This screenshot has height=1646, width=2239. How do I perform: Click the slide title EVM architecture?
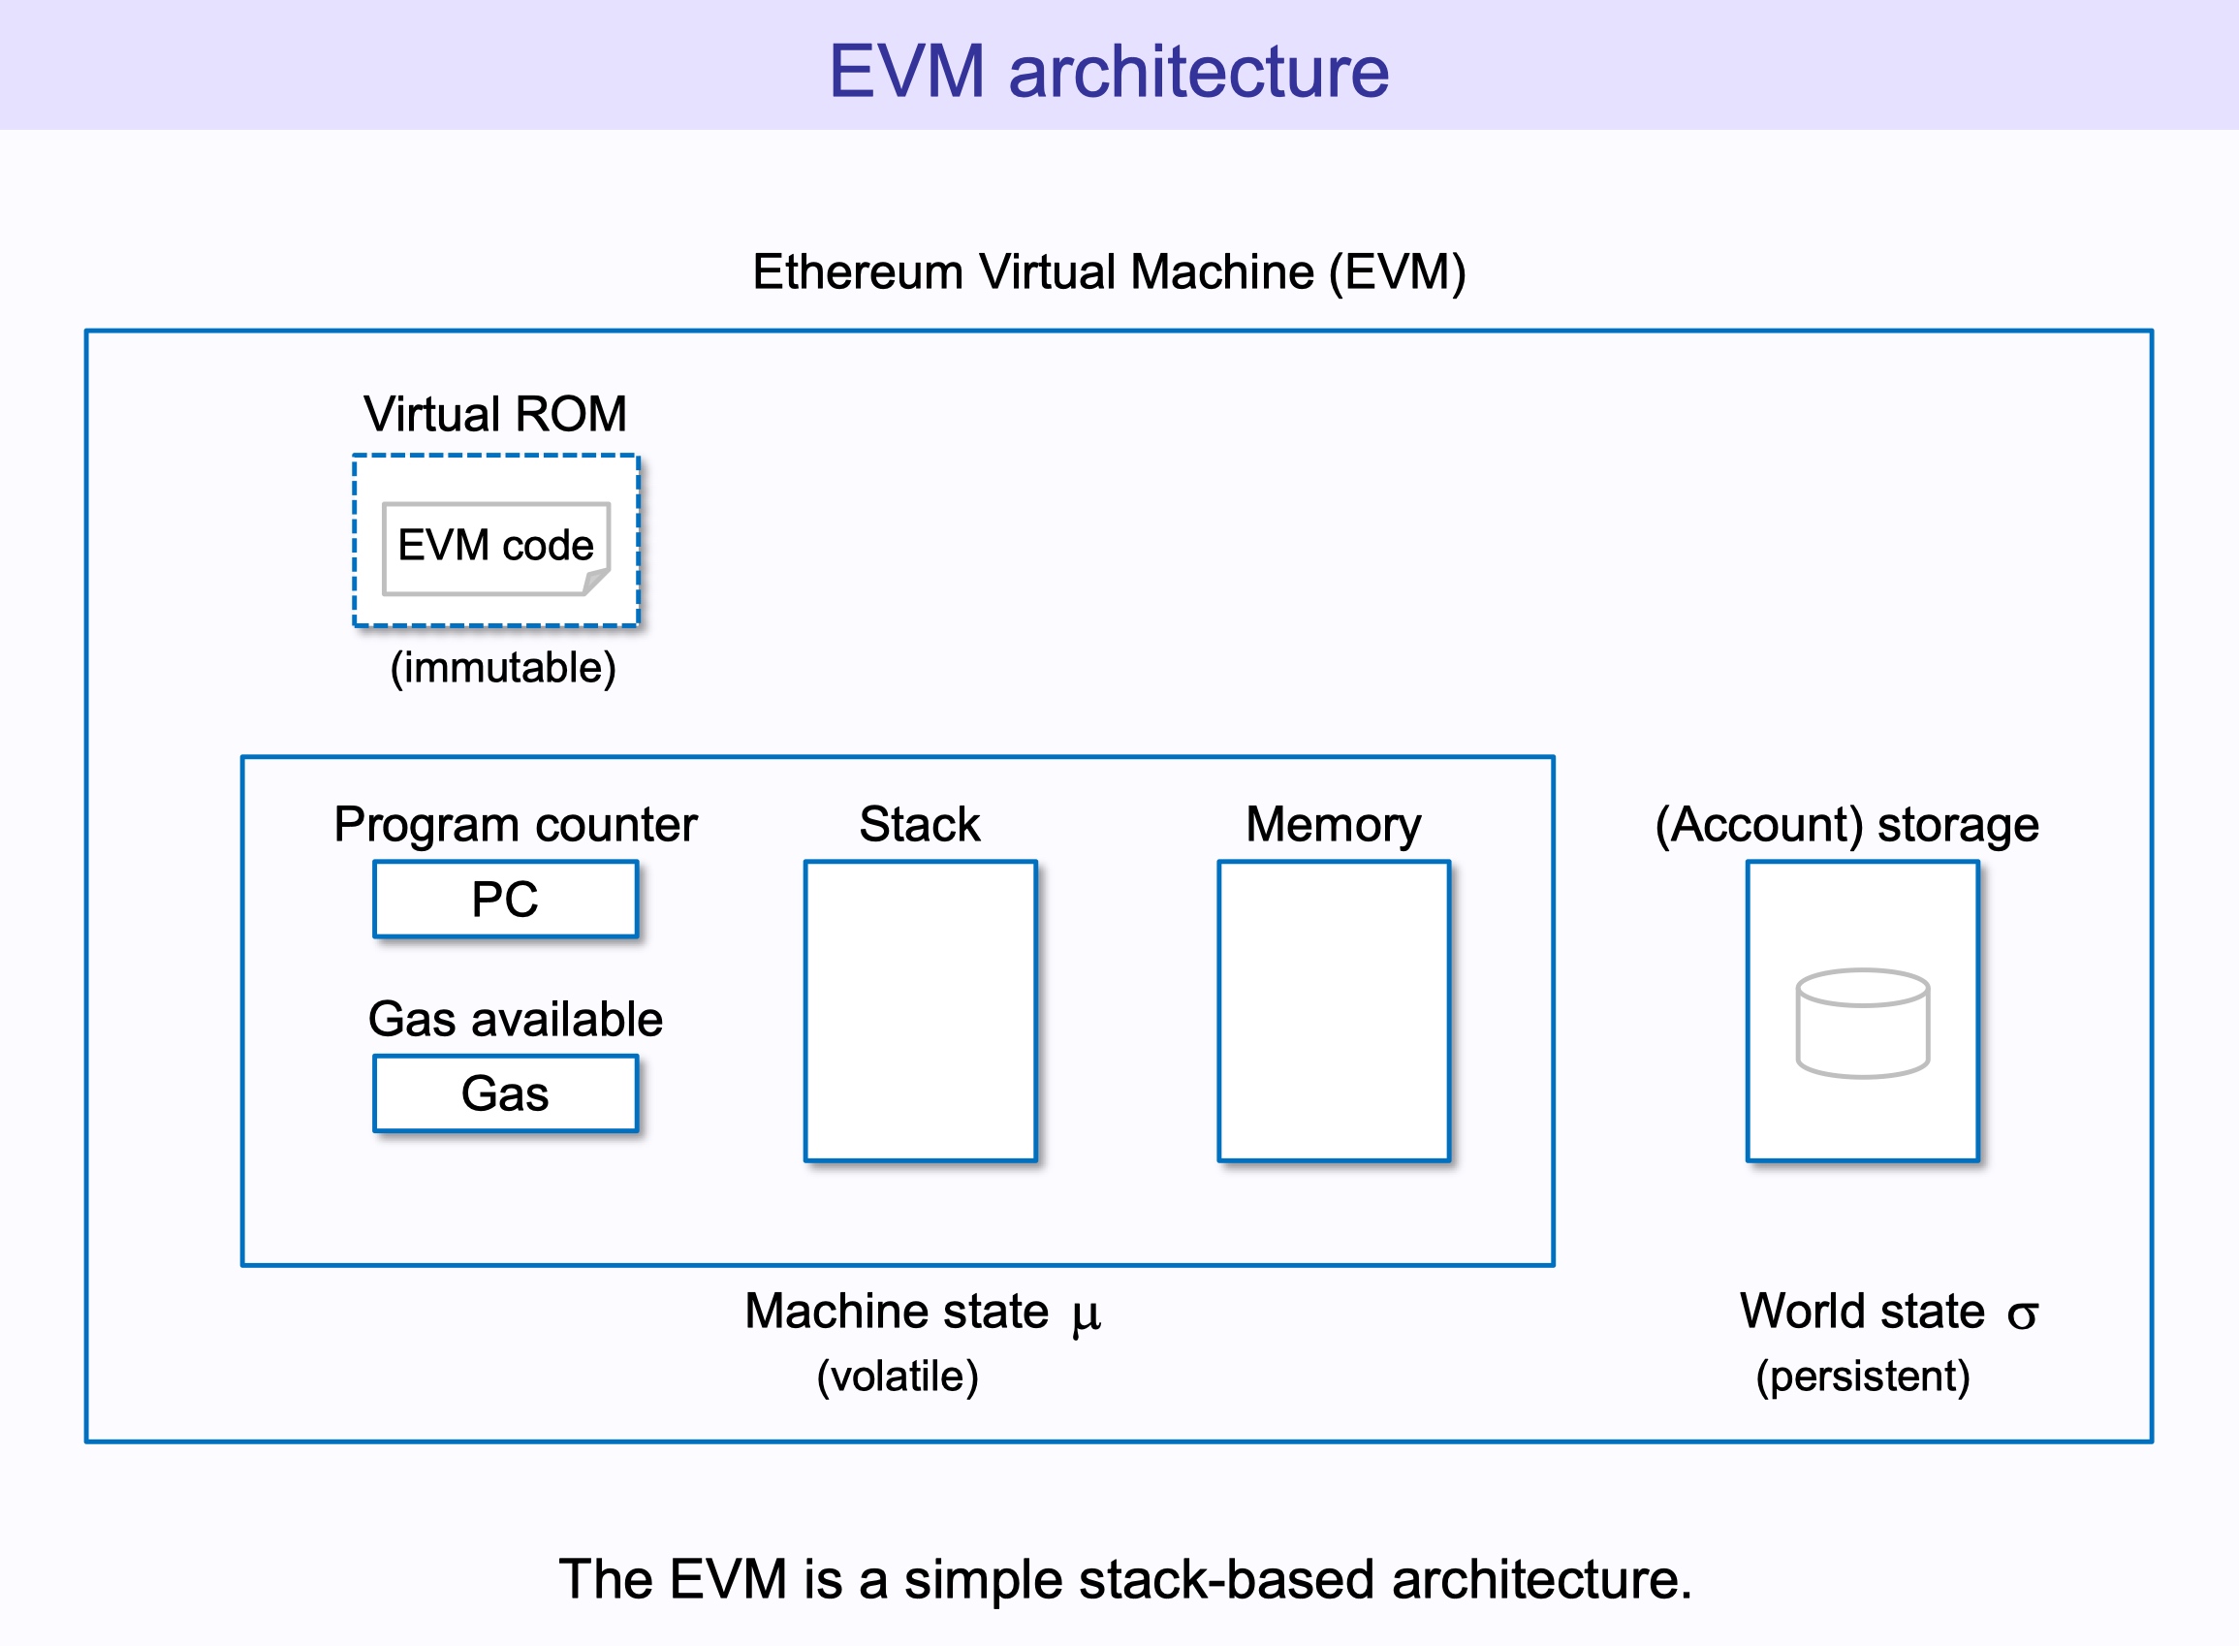1109,71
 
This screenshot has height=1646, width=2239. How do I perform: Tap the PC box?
505,899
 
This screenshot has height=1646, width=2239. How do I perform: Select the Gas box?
505,1093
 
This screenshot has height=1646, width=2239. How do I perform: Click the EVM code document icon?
496,548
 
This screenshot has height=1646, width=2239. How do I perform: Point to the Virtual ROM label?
495,414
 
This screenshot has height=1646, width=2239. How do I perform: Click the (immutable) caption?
503,668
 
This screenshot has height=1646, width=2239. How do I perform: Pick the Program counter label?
515,824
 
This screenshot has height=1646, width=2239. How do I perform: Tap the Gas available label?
515,1018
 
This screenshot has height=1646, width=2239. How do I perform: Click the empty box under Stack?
920,1010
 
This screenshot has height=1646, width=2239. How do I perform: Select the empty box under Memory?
1334,1010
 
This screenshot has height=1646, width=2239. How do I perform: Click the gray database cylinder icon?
1863,1024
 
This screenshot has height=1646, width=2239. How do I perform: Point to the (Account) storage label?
1846,824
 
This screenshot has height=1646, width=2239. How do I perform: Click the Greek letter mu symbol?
1086,1315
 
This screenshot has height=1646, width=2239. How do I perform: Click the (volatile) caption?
898,1376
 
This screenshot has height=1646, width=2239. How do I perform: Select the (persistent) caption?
1863,1376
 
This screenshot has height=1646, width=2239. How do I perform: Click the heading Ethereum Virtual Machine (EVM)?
1109,272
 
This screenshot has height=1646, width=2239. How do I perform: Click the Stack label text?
919,824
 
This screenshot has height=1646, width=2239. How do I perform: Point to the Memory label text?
1334,824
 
